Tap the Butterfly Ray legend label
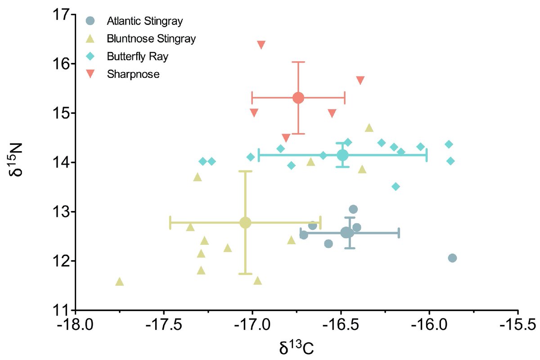click(134, 56)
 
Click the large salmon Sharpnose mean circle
click(298, 98)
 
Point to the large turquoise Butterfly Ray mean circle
click(342, 155)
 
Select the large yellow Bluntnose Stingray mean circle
click(245, 222)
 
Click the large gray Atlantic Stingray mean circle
click(347, 233)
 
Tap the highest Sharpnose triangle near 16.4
click(261, 45)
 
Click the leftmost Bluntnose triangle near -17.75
click(119, 282)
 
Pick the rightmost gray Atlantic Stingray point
click(452, 258)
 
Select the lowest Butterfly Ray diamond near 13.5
click(396, 186)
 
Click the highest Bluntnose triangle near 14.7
click(369, 128)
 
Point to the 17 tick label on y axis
click(62, 15)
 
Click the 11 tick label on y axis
click(62, 310)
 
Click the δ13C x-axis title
click(296, 346)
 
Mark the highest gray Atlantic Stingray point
click(353, 209)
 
